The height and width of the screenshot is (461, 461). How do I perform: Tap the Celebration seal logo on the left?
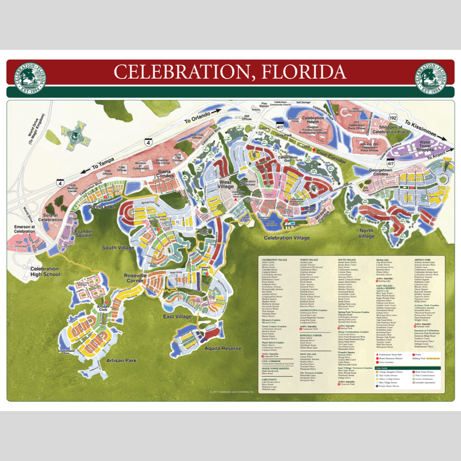tap(30, 77)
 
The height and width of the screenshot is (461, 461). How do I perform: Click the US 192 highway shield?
tap(393, 118)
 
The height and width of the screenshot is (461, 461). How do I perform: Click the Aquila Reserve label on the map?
tap(223, 348)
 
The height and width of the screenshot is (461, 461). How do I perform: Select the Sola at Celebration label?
tap(50, 217)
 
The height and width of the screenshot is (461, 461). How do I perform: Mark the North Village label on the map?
tap(366, 233)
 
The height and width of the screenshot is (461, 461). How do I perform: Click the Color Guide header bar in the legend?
tap(410, 368)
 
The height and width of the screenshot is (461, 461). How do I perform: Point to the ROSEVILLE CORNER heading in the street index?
tap(312, 336)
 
